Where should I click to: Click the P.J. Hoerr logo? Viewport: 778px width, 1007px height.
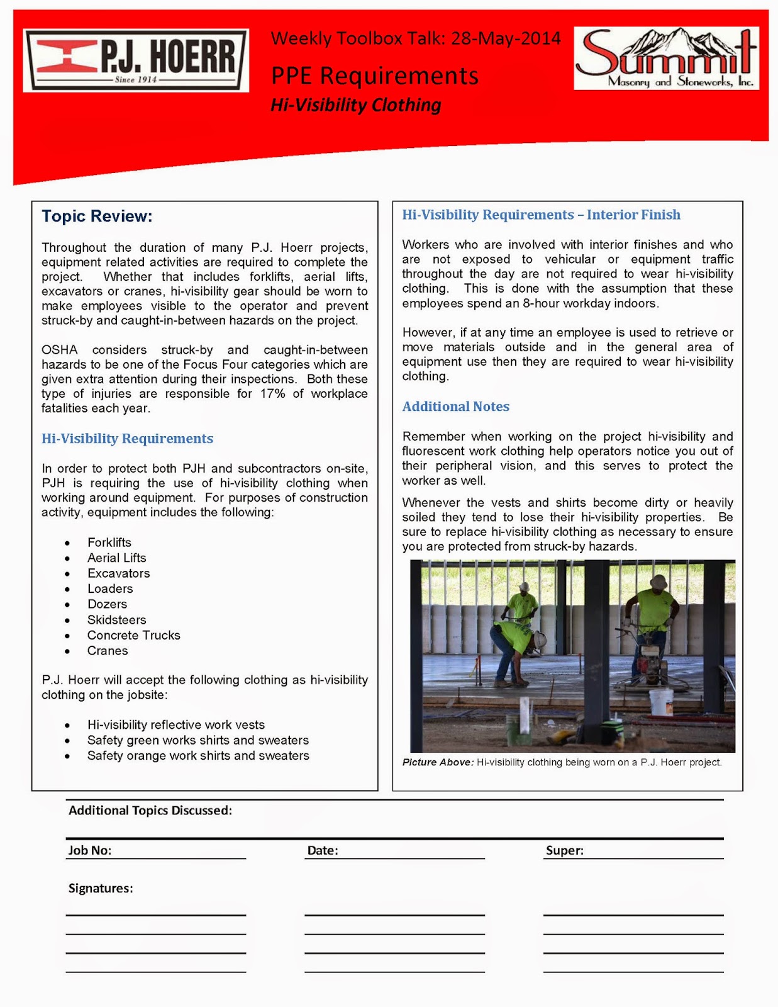click(x=135, y=60)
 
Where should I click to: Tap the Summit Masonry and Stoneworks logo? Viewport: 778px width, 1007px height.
click(x=666, y=59)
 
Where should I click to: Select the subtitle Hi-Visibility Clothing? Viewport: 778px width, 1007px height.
click(x=356, y=105)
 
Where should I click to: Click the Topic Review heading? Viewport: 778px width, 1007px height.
click(x=97, y=217)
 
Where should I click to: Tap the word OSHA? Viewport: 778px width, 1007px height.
click(x=59, y=350)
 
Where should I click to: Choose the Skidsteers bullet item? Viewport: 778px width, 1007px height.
click(x=116, y=620)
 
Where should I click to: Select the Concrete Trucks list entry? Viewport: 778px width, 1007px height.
click(x=133, y=636)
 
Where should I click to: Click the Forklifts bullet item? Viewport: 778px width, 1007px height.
click(x=109, y=543)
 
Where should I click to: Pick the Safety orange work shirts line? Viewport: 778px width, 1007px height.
click(x=198, y=756)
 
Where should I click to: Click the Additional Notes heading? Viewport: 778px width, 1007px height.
click(x=455, y=407)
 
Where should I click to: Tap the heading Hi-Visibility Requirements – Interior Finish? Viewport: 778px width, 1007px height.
click(x=541, y=215)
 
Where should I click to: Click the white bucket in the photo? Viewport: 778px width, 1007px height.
click(x=661, y=702)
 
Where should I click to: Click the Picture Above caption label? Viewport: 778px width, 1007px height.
click(x=438, y=762)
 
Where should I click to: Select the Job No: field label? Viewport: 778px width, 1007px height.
click(x=90, y=850)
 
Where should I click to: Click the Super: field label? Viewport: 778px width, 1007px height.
click(x=564, y=850)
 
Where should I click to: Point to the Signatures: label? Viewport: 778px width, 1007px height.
click(x=101, y=888)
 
